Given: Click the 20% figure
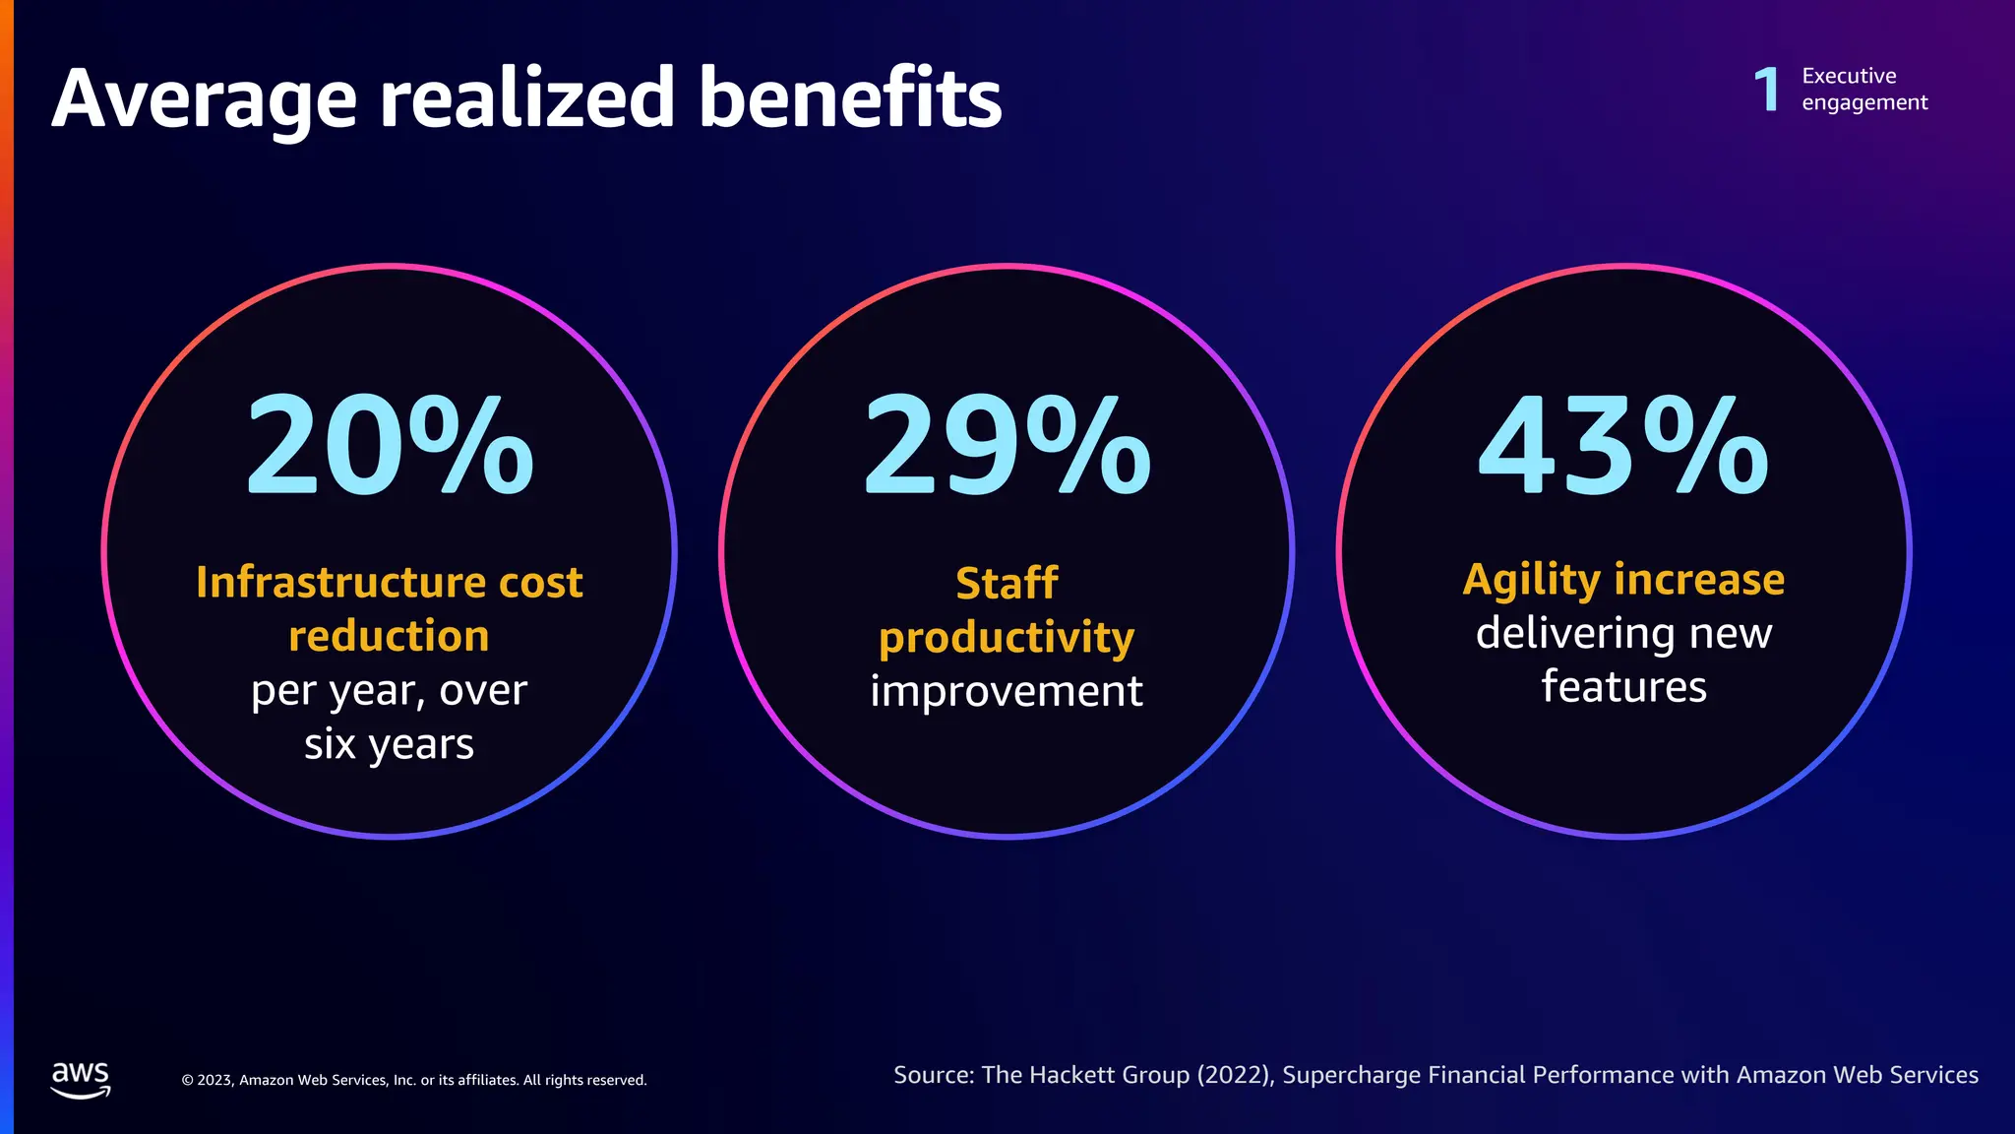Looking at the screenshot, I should coord(389,446).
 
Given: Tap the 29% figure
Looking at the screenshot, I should coord(1006,446).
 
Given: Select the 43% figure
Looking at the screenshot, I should coord(1623,446).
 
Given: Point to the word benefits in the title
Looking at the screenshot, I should coord(850,97).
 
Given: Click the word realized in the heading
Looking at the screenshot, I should coord(526,97).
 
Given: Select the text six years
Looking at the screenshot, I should coord(389,744).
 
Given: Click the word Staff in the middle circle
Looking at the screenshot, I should coord(1007,583).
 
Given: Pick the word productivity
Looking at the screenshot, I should coord(1007,639).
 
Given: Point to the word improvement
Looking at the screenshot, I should coord(1007,691).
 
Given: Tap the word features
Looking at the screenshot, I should coord(1623,686).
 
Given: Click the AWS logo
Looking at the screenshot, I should coord(81,1079).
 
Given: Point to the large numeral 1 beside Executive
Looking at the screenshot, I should coord(1767,90).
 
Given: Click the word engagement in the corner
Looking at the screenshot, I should coord(1864,103).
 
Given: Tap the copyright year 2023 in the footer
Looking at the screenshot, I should coord(214,1080).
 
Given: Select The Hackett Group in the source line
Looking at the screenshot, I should coord(1085,1075).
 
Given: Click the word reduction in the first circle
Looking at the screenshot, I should coord(389,636).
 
